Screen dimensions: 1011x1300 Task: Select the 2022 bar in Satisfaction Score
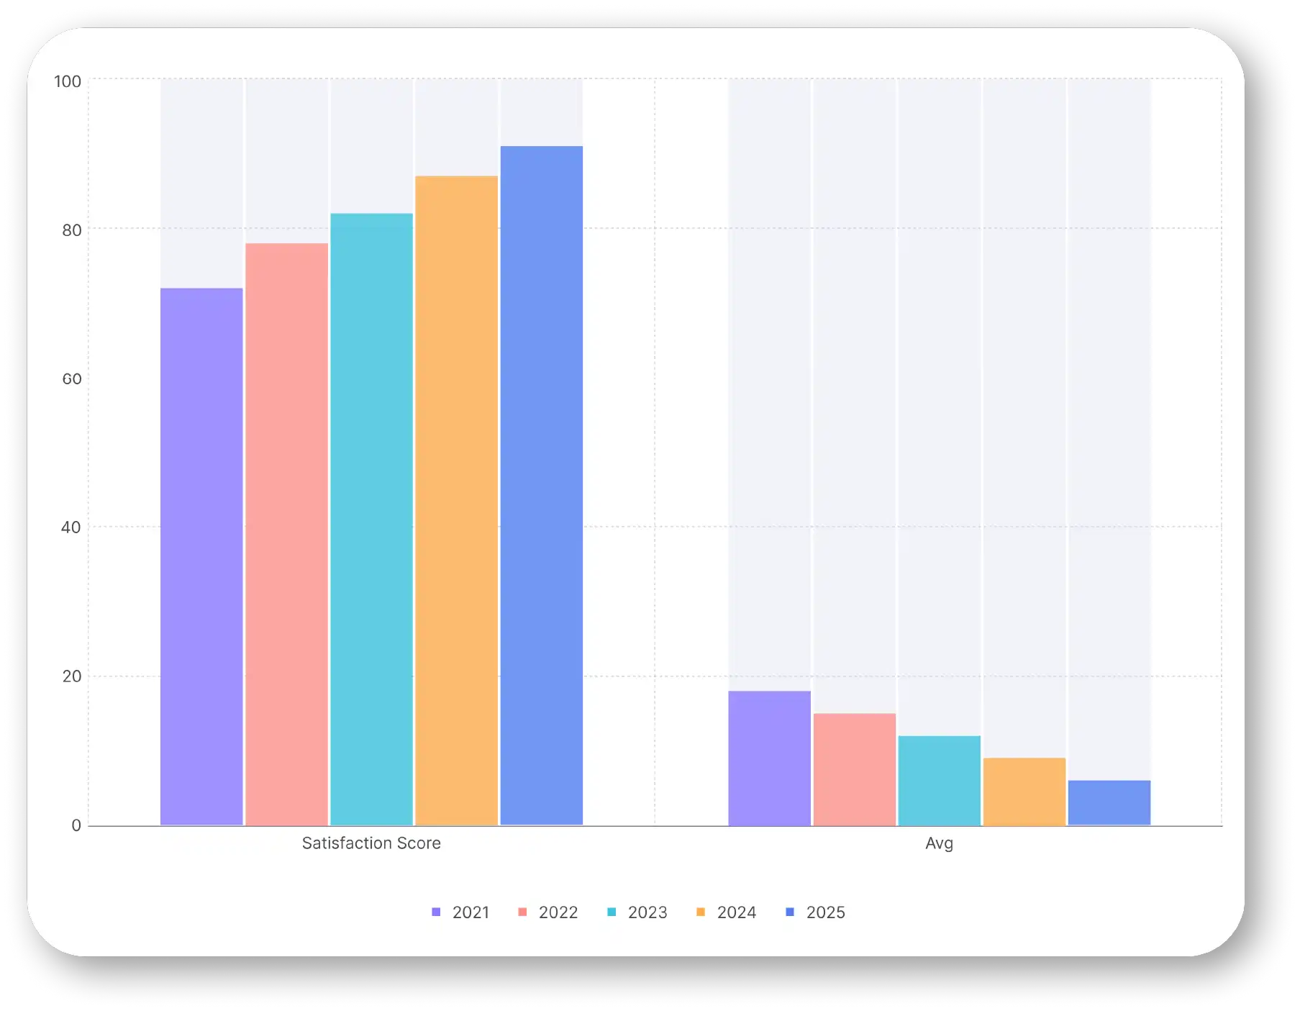point(286,534)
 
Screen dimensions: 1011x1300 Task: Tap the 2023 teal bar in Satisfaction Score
point(371,519)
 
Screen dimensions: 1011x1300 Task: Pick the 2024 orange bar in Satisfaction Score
point(456,500)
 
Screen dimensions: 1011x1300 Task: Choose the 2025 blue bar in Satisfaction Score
point(541,485)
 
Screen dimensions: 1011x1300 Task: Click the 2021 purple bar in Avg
point(769,758)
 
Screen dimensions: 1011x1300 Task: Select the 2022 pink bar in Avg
point(854,769)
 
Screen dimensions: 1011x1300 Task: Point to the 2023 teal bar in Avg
point(939,780)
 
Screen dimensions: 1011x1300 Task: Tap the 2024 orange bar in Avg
point(1024,792)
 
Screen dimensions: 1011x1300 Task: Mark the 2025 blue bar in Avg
point(1109,802)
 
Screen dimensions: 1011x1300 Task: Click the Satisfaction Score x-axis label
point(371,843)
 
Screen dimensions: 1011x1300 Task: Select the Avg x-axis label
point(939,843)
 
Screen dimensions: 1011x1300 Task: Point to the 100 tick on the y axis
point(68,81)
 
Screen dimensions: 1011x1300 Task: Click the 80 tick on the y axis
point(72,230)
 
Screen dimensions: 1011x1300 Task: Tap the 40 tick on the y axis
point(71,527)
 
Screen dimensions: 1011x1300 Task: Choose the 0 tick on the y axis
point(76,825)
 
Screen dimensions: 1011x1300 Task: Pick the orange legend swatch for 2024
point(701,912)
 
